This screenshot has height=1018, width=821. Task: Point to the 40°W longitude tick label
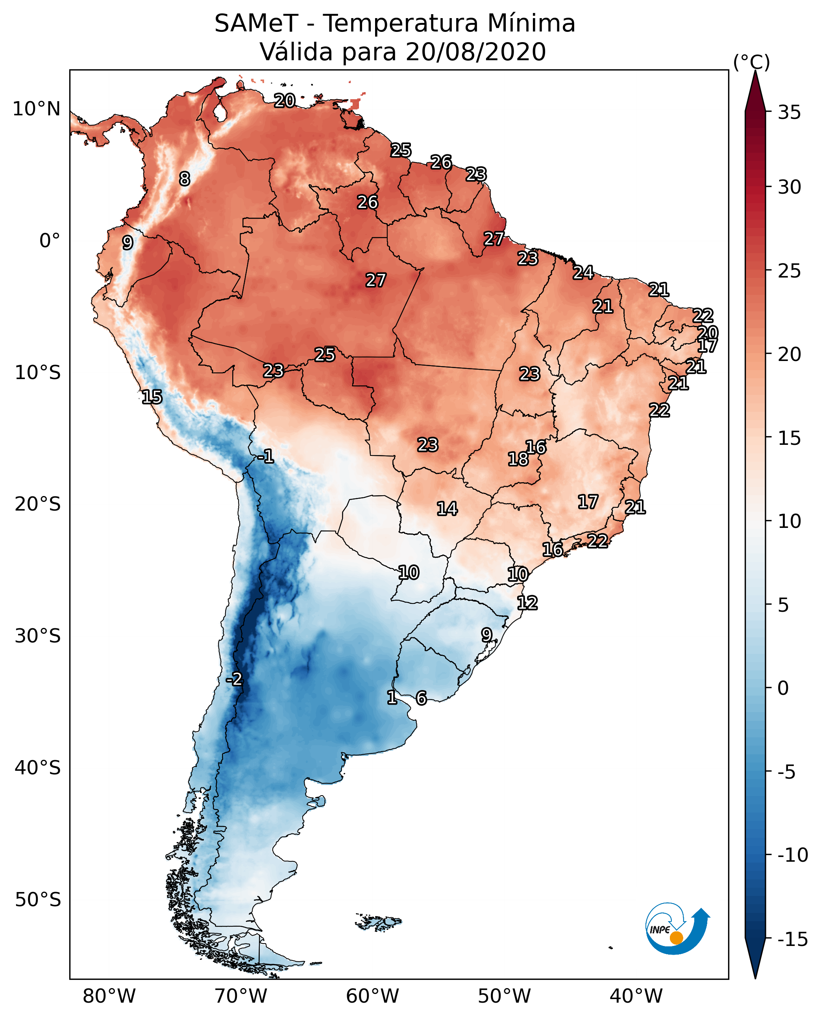pos(636,996)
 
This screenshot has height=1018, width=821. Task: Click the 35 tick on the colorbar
pos(789,113)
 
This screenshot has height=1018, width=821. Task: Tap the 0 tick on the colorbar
pos(783,688)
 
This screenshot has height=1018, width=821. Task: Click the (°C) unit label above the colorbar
pos(751,62)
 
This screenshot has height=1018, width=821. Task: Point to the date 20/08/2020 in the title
pos(475,52)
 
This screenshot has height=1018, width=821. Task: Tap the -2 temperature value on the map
pos(234,679)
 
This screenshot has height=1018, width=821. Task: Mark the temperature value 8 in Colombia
pos(185,179)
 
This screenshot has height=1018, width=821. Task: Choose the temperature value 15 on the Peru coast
pos(152,397)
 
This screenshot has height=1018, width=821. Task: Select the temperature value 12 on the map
pos(527,603)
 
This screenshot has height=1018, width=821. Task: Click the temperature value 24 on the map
pos(583,272)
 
